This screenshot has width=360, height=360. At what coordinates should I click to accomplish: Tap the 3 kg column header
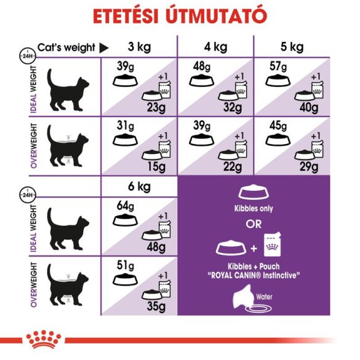tap(140, 47)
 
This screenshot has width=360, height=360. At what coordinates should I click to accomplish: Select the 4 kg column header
tap(215, 47)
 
